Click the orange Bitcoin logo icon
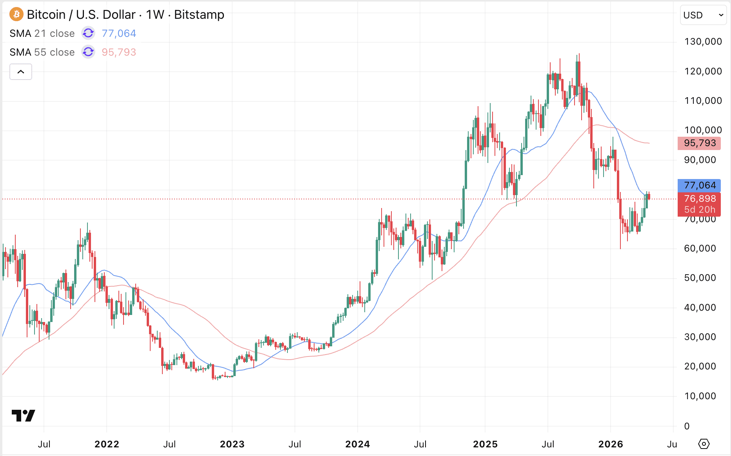coord(16,15)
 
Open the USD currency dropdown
coord(703,15)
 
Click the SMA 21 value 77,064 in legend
coord(119,33)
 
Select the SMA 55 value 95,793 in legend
coord(119,52)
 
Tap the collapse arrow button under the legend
coord(21,72)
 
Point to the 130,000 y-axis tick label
coord(703,42)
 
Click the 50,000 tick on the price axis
coord(700,278)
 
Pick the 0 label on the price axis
coord(687,426)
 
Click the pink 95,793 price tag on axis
coord(700,143)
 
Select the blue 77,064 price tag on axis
coord(700,185)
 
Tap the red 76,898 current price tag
coord(700,199)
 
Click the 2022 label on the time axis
coord(107,444)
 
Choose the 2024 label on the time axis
coord(357,444)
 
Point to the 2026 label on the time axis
coord(610,444)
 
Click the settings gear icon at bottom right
coord(704,444)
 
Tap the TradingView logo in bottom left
coord(24,416)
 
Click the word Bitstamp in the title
coord(199,15)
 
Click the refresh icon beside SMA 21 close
coord(88,33)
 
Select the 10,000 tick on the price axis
coord(700,396)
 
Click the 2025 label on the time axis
coord(485,444)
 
